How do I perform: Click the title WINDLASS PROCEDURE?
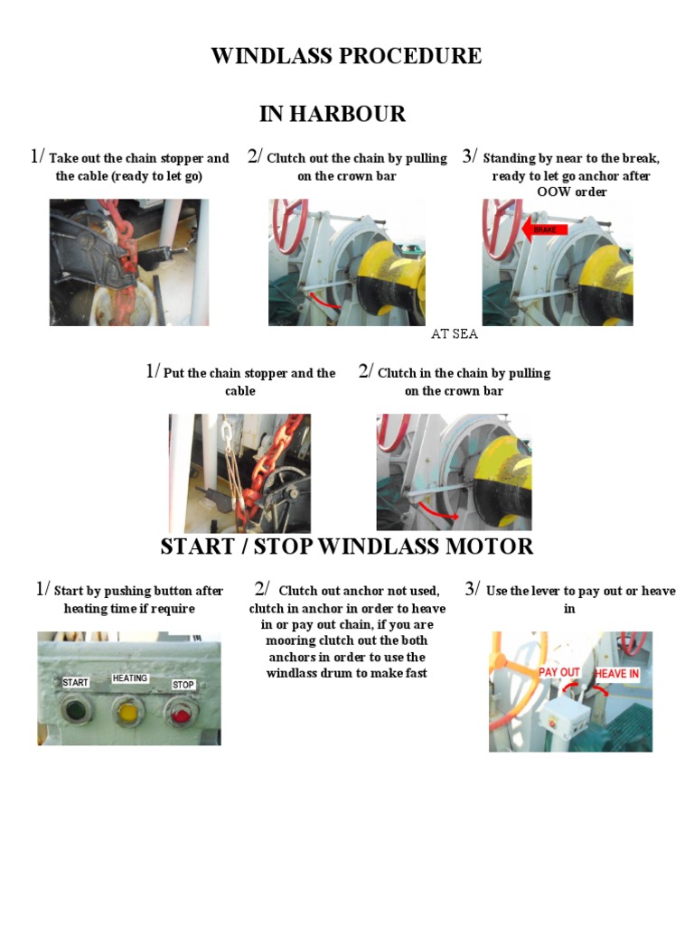pyautogui.click(x=346, y=56)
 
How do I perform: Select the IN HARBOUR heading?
pyautogui.click(x=333, y=114)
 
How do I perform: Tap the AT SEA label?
pyautogui.click(x=454, y=334)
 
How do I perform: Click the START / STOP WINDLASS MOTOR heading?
pyautogui.click(x=346, y=547)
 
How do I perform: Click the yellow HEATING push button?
pyautogui.click(x=128, y=714)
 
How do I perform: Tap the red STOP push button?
pyautogui.click(x=181, y=715)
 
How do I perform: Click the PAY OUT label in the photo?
pyautogui.click(x=559, y=672)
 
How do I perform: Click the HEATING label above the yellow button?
pyautogui.click(x=129, y=678)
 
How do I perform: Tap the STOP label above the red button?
pyautogui.click(x=183, y=685)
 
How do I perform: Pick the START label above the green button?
pyautogui.click(x=75, y=683)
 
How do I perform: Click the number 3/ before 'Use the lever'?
pyautogui.click(x=473, y=590)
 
